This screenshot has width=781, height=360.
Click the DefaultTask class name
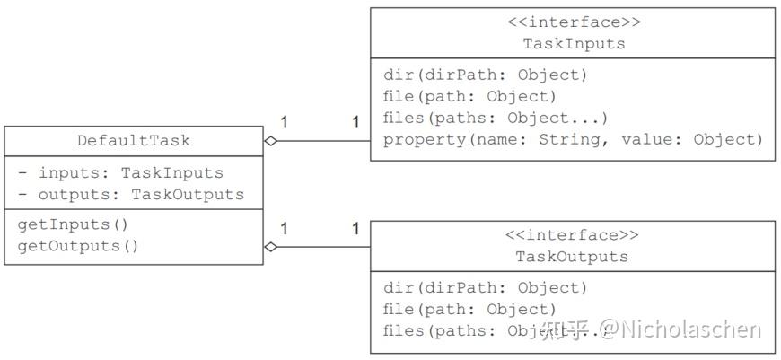[134, 141]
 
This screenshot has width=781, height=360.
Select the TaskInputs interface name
[573, 43]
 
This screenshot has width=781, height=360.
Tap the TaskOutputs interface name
[572, 257]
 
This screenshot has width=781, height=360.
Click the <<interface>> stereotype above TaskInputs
[573, 22]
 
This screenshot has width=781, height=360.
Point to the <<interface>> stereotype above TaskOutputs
[572, 235]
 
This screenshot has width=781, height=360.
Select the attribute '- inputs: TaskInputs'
[120, 172]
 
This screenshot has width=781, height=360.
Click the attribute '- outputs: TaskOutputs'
[130, 194]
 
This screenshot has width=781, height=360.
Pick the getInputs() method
[73, 224]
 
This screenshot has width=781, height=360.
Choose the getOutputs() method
[78, 245]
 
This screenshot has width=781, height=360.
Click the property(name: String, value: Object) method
[572, 139]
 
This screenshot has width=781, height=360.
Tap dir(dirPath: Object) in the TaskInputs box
[485, 75]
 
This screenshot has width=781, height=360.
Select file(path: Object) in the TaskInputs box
[469, 96]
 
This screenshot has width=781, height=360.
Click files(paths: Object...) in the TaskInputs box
[496, 118]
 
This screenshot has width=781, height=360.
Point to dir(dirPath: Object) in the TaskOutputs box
[485, 287]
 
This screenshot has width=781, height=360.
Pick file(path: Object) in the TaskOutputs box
[469, 309]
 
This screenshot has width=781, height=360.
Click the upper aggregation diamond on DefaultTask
[271, 141]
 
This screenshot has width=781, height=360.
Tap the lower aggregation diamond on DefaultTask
[271, 247]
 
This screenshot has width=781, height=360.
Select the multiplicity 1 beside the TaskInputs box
[355, 122]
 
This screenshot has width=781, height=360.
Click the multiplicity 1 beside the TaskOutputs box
[355, 229]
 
